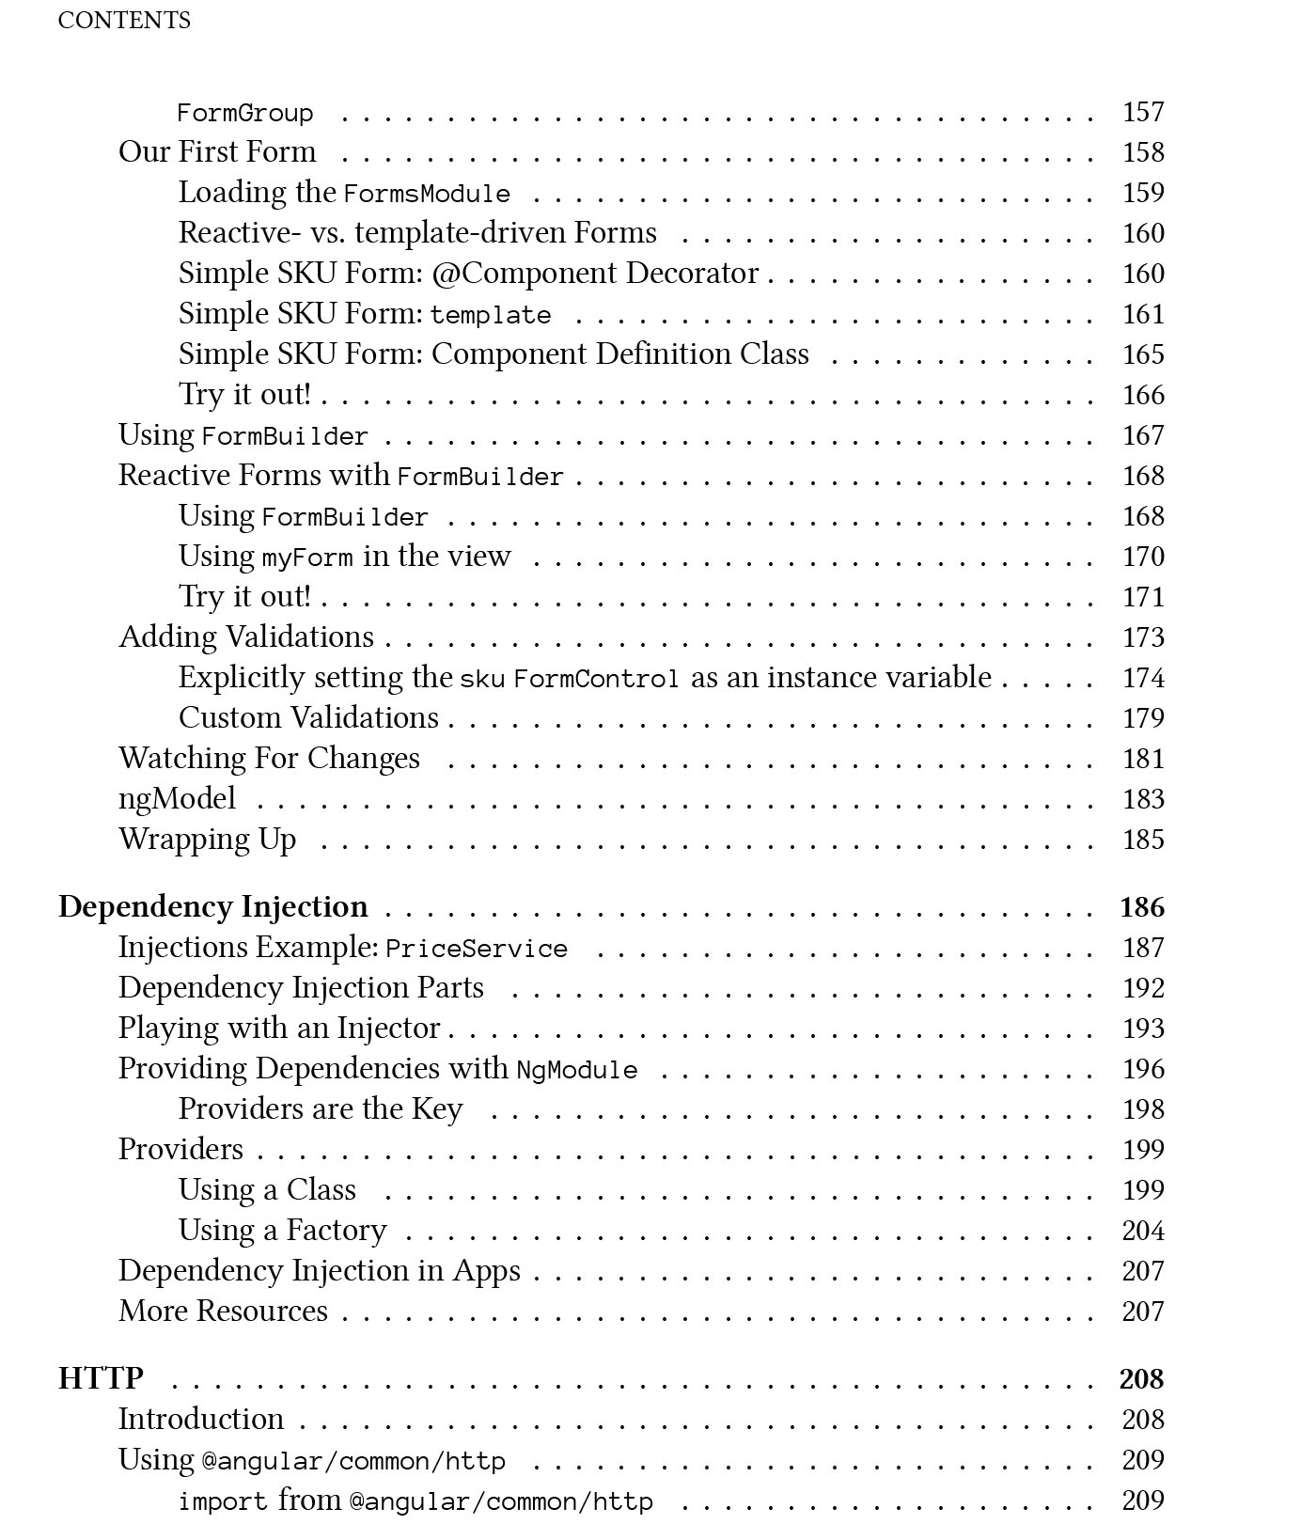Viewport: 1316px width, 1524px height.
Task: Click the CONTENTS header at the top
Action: [x=124, y=21]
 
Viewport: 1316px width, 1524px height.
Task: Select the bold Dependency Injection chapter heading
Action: [x=213, y=906]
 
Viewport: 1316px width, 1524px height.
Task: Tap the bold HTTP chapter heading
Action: [x=101, y=1378]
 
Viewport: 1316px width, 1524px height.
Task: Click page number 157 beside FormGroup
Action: [x=1143, y=112]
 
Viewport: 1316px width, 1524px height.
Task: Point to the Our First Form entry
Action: [x=217, y=152]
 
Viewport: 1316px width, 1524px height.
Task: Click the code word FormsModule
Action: [x=427, y=195]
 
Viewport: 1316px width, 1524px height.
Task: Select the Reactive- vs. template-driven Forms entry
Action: [x=417, y=233]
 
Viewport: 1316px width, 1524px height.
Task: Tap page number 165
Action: [x=1143, y=354]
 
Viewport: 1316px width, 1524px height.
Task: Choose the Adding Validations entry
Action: [x=246, y=637]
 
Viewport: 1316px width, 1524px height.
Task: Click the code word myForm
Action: [x=307, y=558]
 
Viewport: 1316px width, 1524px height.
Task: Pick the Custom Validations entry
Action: [x=308, y=718]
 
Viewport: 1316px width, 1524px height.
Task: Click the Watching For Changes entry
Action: [x=269, y=759]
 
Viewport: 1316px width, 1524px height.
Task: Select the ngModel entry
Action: [x=177, y=799]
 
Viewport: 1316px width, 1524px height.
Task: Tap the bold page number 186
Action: [x=1142, y=907]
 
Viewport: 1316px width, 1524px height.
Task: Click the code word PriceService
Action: [x=477, y=949]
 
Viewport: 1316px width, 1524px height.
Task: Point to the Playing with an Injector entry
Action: [x=279, y=1029]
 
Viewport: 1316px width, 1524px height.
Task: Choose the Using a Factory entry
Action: [x=282, y=1231]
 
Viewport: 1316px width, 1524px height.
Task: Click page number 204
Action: [x=1143, y=1231]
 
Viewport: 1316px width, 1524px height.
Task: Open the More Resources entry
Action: [x=223, y=1312]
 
